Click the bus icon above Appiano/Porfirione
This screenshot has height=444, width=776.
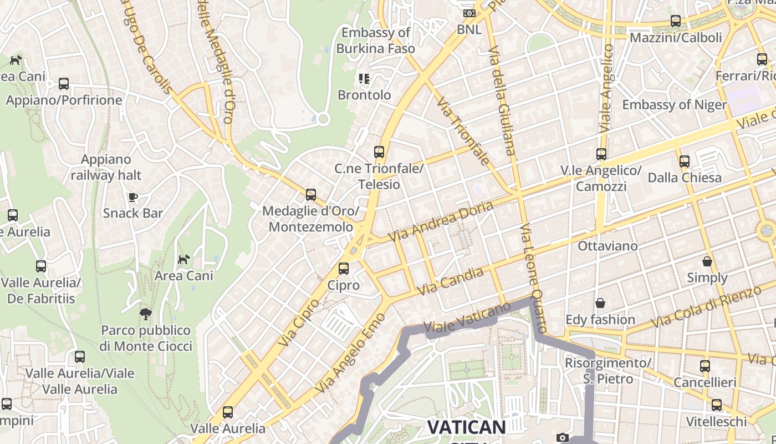pos(64,84)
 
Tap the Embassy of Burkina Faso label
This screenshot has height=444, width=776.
pos(375,41)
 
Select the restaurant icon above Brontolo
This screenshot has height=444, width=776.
pos(364,79)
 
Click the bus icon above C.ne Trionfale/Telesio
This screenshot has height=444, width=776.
pos(379,152)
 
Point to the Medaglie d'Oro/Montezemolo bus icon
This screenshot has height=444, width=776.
pos(311,195)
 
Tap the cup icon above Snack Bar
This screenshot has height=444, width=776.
pos(132,197)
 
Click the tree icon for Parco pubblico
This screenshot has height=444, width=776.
pos(146,314)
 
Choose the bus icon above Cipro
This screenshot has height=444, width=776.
pos(344,269)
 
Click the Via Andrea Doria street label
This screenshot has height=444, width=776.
pos(440,221)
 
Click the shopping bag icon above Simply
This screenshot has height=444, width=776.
pos(707,261)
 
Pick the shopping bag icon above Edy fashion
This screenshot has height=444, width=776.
pos(600,303)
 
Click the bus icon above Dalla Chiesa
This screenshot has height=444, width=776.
pos(685,162)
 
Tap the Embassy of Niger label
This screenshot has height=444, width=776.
pos(674,104)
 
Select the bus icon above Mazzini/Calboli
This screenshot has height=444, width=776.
pos(676,21)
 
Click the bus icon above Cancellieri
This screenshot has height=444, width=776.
pos(705,366)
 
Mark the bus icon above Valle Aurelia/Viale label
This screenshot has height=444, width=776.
pos(80,356)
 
